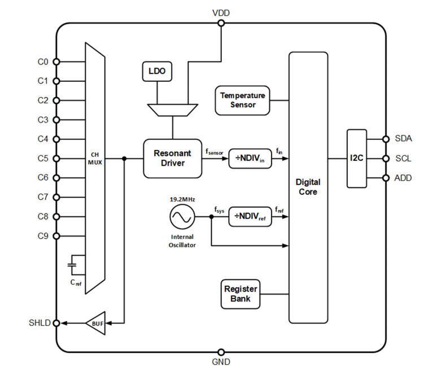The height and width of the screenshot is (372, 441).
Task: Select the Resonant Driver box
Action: click(173, 158)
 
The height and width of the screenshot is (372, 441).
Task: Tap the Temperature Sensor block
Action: click(242, 99)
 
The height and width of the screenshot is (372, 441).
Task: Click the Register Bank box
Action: click(241, 294)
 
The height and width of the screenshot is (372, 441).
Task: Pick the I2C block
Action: click(357, 159)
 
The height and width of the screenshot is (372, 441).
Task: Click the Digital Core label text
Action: click(308, 187)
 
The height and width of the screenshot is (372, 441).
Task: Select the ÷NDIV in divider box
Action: click(250, 158)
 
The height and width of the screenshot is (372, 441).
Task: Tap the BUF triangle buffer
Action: click(95, 323)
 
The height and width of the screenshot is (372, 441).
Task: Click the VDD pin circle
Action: click(221, 23)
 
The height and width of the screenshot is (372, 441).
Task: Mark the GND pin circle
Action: click(221, 352)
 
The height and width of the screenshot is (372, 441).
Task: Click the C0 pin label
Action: click(43, 62)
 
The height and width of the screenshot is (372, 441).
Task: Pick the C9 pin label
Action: click(43, 236)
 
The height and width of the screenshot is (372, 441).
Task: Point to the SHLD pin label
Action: click(40, 323)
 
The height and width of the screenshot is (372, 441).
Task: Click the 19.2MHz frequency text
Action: click(182, 199)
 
